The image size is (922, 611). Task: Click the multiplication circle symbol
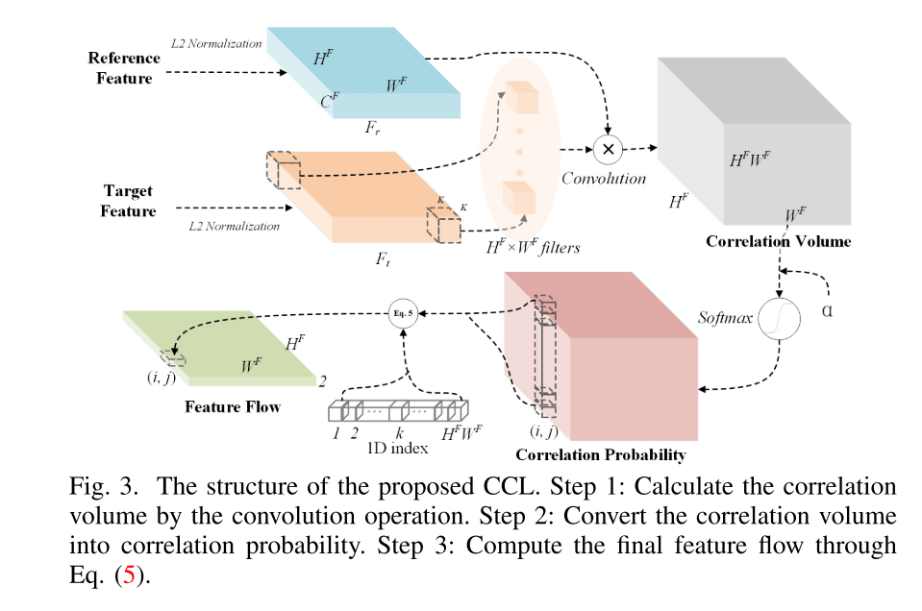pyautogui.click(x=608, y=149)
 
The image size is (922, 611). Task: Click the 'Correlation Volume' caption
pyautogui.click(x=778, y=241)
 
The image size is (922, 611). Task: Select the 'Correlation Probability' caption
pyautogui.click(x=600, y=453)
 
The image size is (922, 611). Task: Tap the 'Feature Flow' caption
pyautogui.click(x=233, y=406)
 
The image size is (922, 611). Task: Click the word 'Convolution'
pyautogui.click(x=604, y=179)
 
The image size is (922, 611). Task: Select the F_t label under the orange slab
pyautogui.click(x=384, y=259)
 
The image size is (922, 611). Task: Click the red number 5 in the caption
pyautogui.click(x=125, y=577)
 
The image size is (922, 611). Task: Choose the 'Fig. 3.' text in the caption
pyautogui.click(x=101, y=487)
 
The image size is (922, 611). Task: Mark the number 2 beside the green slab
pyautogui.click(x=323, y=380)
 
